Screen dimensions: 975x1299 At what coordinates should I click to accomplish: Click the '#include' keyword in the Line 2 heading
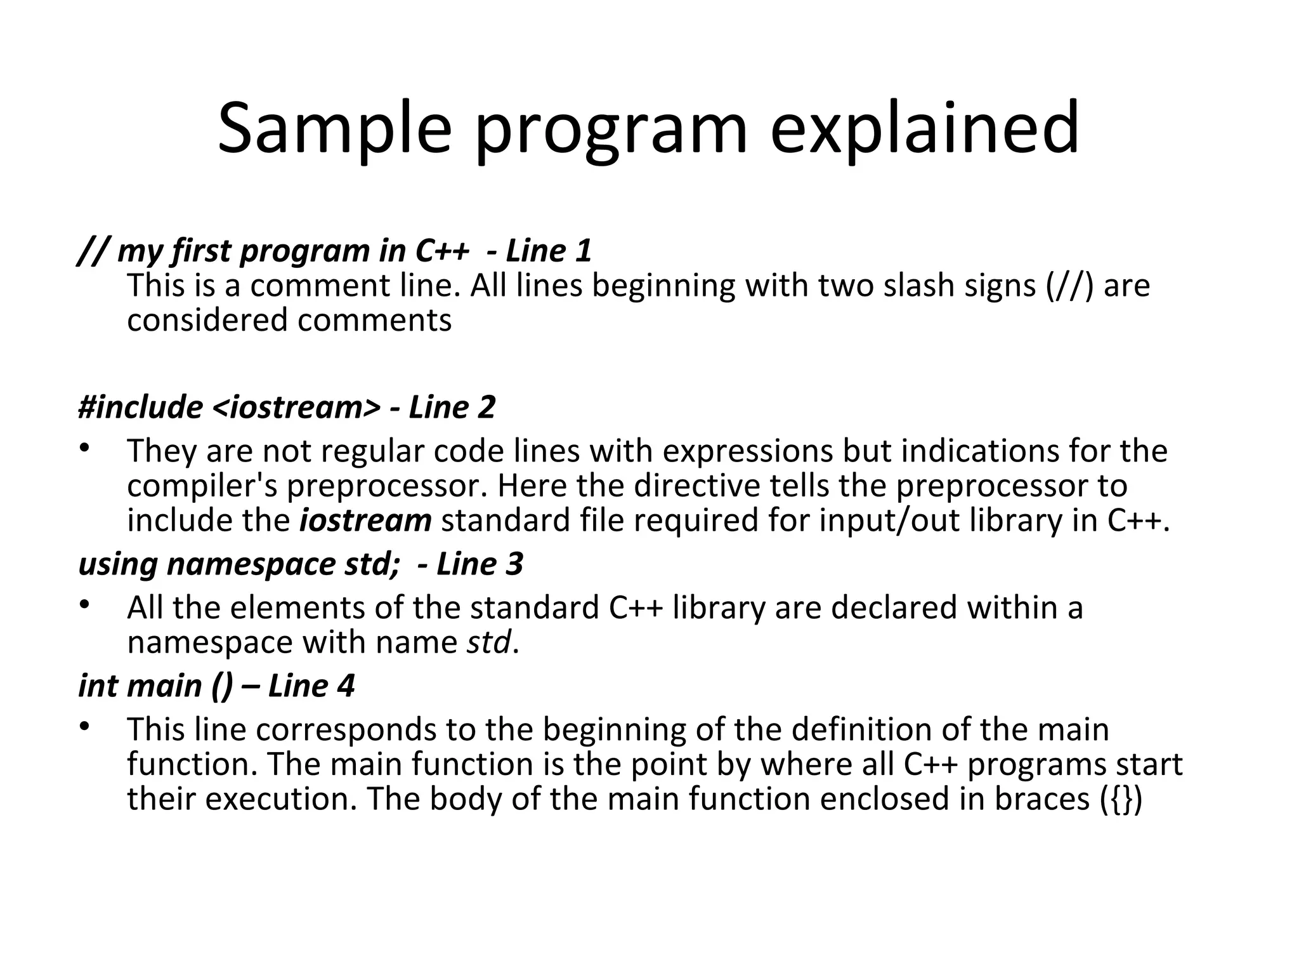pos(140,407)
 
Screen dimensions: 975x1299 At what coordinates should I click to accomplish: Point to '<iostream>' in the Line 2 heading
pos(296,407)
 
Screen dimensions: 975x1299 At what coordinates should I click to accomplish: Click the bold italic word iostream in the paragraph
pos(365,521)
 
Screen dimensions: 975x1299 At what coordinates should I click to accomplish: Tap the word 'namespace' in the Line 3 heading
pos(251,564)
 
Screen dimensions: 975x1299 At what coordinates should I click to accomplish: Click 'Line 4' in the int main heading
pos(311,686)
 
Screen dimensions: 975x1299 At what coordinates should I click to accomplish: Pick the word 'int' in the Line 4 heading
pos(98,686)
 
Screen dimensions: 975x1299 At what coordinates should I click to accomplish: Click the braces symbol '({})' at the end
pos(1121,799)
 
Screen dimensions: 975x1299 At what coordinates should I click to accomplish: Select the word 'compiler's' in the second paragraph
pos(202,486)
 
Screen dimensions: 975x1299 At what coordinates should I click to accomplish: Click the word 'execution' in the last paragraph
pos(277,799)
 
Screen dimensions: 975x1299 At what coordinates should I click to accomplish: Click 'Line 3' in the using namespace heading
pos(480,564)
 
